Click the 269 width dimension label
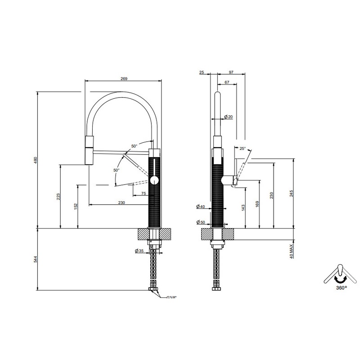pos(124,78)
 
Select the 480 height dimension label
pos(36,160)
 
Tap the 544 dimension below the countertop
pos(36,259)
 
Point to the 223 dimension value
pos(58,197)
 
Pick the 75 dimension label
pos(144,193)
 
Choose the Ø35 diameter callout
pos(139,251)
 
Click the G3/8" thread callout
pos(171,297)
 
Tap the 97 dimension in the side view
pos(231,72)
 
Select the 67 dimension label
pos(227,82)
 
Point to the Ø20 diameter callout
pos(228,117)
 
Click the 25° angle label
pos(243,148)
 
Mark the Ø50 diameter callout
pos(201,222)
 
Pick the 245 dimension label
pos(292,193)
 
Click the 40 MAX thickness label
pos(292,252)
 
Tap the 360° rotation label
pos(342,288)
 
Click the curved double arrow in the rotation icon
pos(340,279)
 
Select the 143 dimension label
pos(243,207)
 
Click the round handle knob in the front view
pos(154,181)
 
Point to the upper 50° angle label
pos(134,146)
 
